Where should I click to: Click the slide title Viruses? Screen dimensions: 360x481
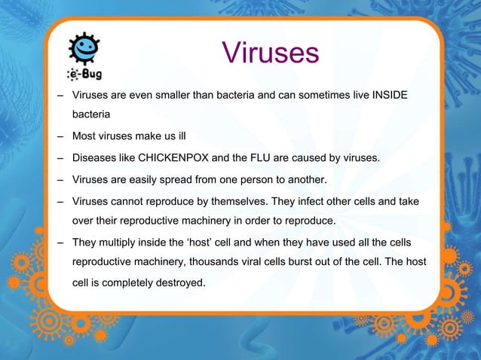pyautogui.click(x=271, y=53)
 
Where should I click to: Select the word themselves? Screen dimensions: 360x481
pyautogui.click(x=253, y=203)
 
